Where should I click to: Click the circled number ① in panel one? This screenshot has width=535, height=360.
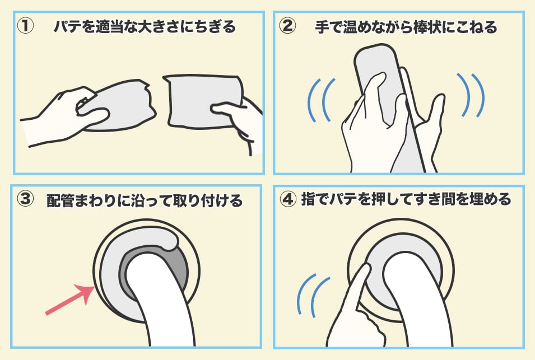click(x=25, y=26)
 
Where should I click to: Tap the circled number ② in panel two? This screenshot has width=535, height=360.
click(x=287, y=26)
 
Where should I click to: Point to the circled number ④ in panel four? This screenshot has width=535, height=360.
click(x=287, y=199)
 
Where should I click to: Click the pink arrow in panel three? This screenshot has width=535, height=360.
click(x=69, y=300)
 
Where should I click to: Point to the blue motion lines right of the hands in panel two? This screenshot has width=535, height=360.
click(x=471, y=95)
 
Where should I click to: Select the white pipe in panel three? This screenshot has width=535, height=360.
click(x=160, y=300)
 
